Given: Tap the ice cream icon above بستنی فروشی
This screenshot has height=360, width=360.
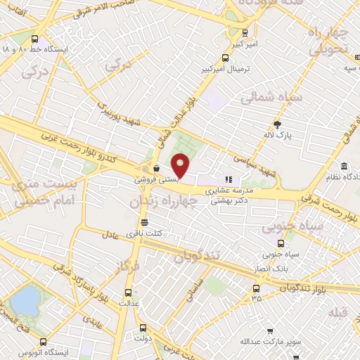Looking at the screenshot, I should pos(155,169).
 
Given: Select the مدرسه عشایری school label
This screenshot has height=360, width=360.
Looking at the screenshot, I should pos(227,190).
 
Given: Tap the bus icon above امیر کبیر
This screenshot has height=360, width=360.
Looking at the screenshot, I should pos(244,32).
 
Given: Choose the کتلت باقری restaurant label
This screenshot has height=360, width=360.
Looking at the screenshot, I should pos(144,233).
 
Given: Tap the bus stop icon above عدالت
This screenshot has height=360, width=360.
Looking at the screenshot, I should pos(129,292).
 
